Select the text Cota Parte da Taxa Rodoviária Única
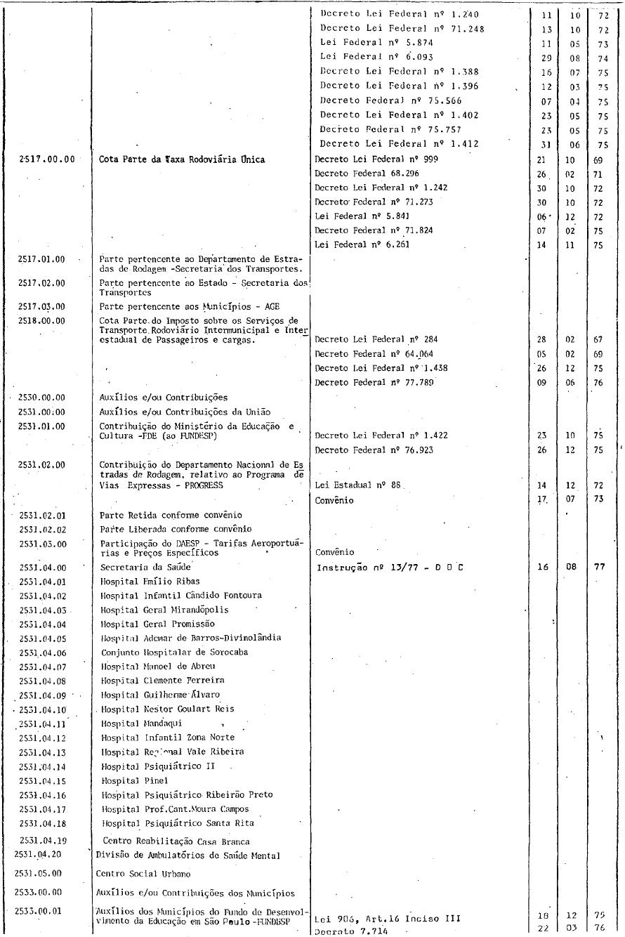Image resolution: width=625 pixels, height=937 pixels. coord(182,159)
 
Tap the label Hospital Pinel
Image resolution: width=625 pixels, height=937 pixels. coord(124,780)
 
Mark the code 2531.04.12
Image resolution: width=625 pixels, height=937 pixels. coord(42,738)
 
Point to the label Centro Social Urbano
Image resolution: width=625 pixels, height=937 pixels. coord(141,874)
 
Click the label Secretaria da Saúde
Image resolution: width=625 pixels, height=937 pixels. coord(145,567)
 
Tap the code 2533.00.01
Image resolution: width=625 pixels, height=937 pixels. coord(37,910)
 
